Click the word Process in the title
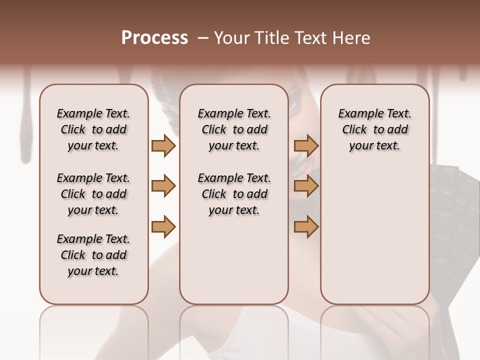tap(154, 37)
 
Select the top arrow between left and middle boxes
tap(163, 145)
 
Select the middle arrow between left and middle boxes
tap(163, 186)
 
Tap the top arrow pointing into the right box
tap(306, 145)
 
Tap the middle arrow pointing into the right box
tap(306, 186)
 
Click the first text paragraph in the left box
tap(93, 129)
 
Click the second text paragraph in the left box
tap(93, 194)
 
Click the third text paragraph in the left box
tap(93, 255)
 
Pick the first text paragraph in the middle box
tap(234, 129)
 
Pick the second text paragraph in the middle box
tap(234, 194)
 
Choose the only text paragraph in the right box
tap(374, 129)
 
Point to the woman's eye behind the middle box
tap(293, 105)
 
